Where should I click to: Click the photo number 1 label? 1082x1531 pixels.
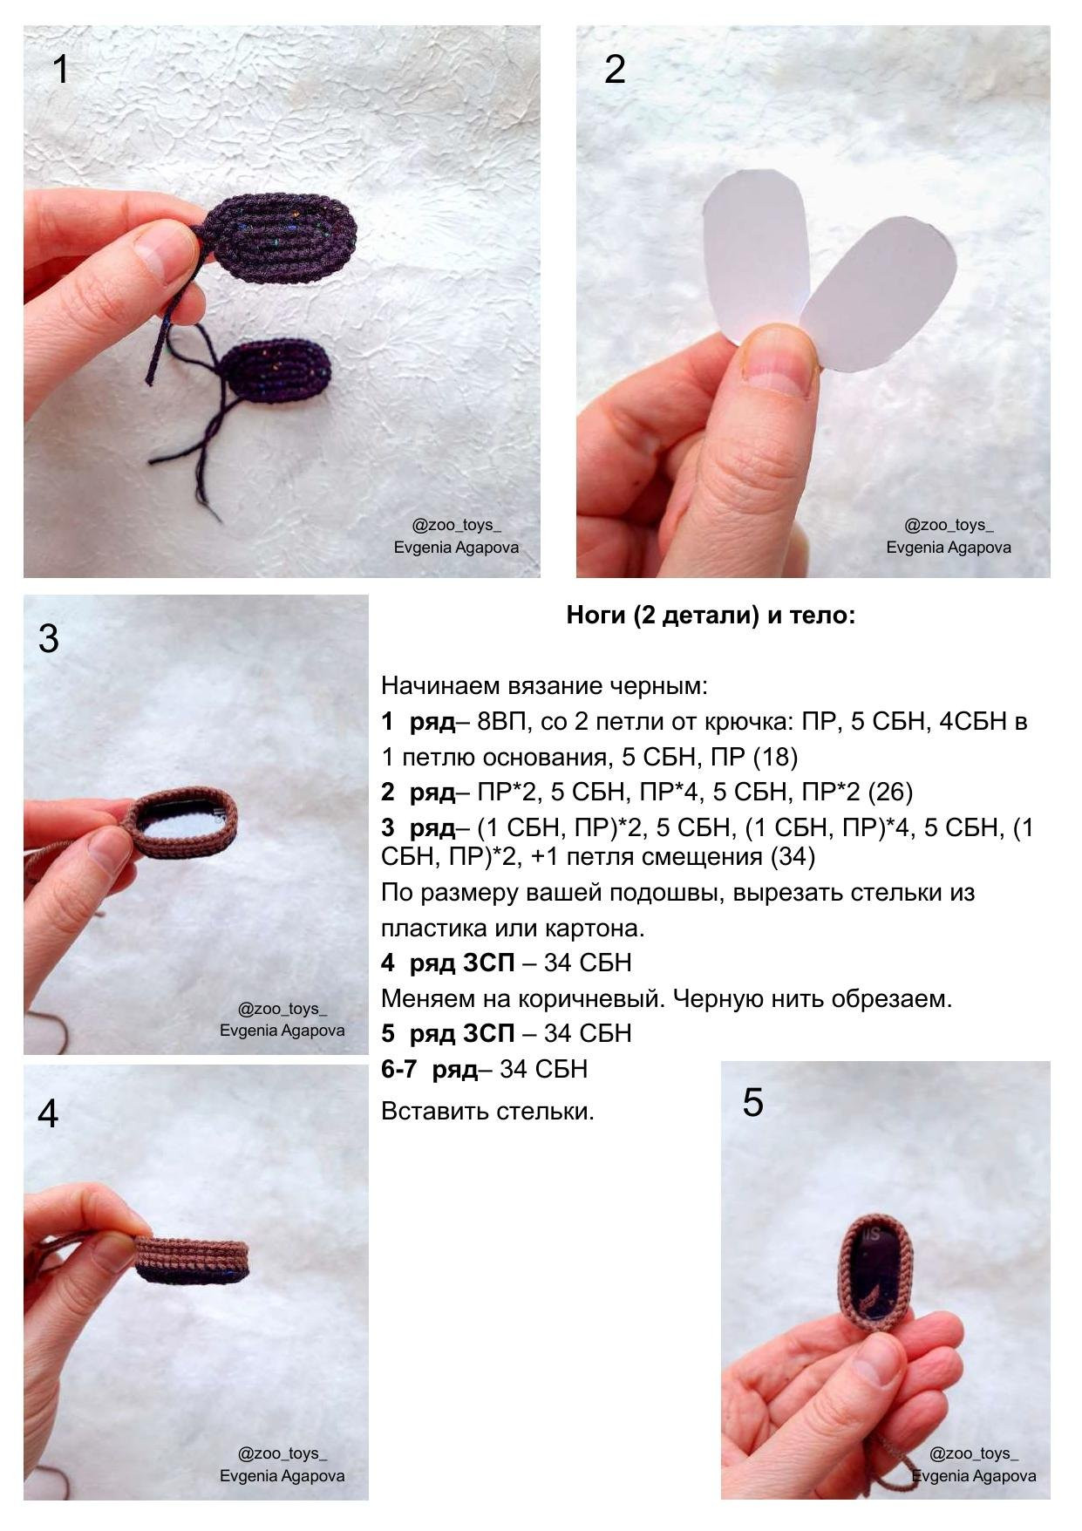pos(60,70)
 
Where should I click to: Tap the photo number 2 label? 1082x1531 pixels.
pos(615,70)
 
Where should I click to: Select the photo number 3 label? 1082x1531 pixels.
pos(49,638)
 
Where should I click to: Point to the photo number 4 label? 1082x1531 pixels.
pos(49,1113)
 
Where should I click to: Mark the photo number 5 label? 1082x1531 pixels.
pos(752,1103)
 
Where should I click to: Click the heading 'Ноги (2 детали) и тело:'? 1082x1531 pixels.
pos(711,616)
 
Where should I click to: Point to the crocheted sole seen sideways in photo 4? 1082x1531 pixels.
pos(193,1260)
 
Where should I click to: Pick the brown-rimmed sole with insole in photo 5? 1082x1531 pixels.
pos(877,1274)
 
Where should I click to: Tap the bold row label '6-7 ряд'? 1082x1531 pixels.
pos(430,1069)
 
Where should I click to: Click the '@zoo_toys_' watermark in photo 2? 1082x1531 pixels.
pos(949,525)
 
